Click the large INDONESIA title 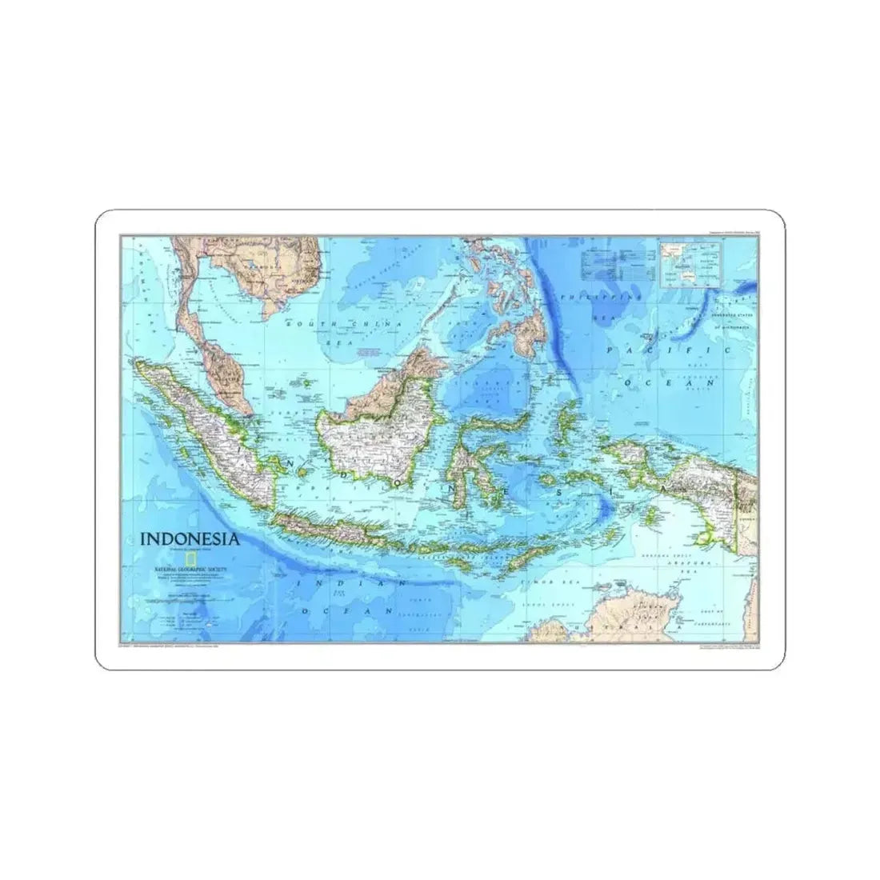click(x=189, y=538)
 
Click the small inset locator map click(x=690, y=263)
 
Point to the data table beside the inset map click(x=616, y=263)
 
